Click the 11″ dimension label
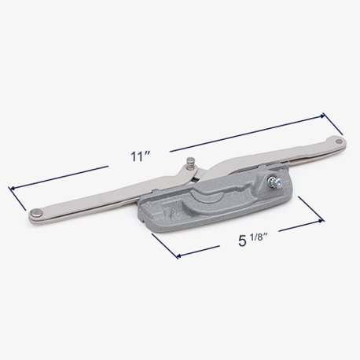pyautogui.click(x=140, y=156)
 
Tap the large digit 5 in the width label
pyautogui.click(x=242, y=241)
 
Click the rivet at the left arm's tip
pyautogui.click(x=36, y=213)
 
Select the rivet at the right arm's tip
pyautogui.click(x=340, y=141)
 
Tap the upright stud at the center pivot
pyautogui.click(x=189, y=164)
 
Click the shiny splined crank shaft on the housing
pyautogui.click(x=274, y=182)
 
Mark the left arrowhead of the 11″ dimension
pyautogui.click(x=11, y=188)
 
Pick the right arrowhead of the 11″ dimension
pyautogui.click(x=321, y=116)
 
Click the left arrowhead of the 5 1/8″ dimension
pyautogui.click(x=178, y=255)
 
